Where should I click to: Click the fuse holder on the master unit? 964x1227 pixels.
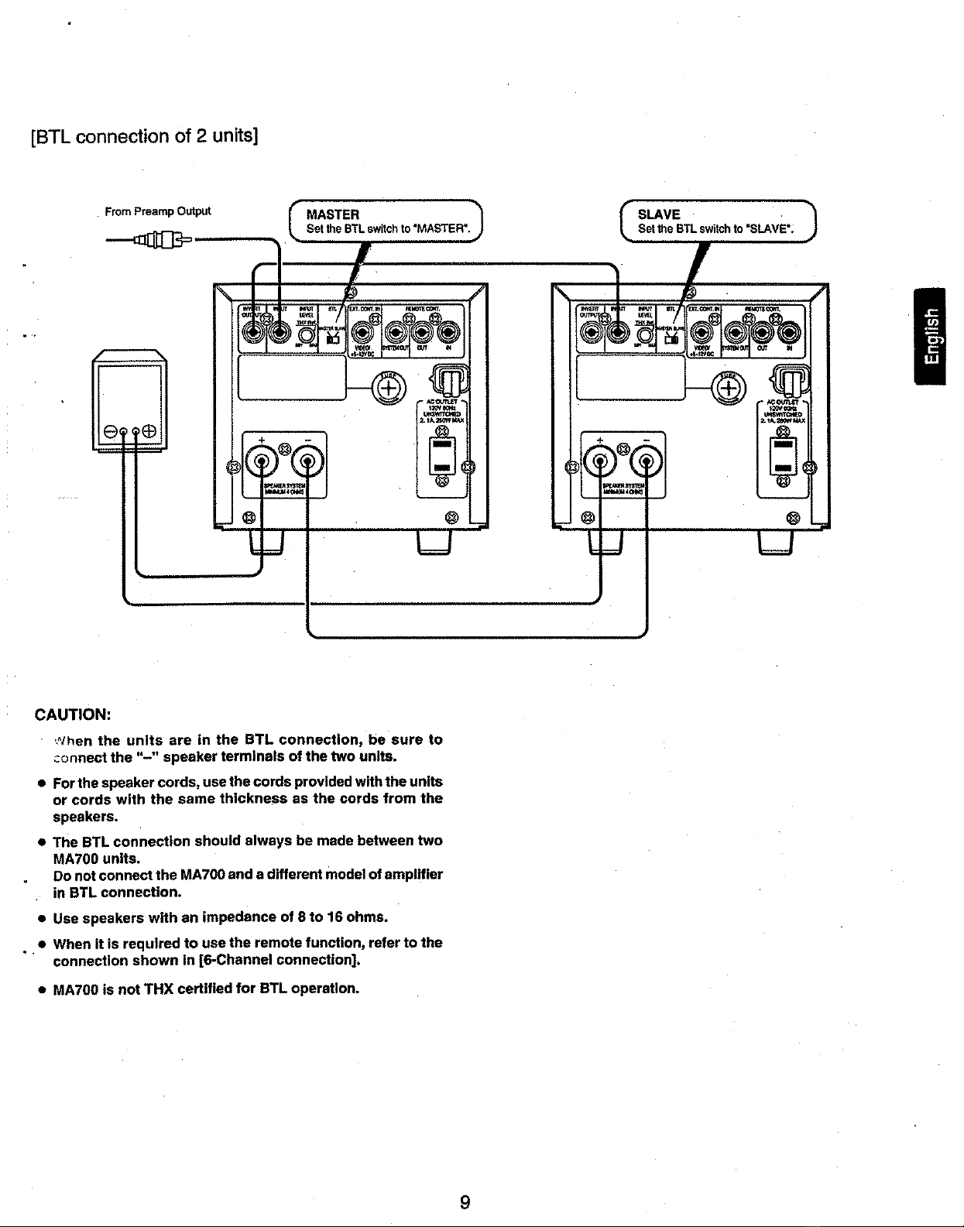(x=386, y=386)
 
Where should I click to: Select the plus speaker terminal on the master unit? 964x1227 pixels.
(x=262, y=463)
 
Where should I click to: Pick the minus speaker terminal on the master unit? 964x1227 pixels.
(x=307, y=463)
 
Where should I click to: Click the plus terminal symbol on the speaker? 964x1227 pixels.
(x=149, y=431)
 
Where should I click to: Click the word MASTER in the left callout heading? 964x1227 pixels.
(x=333, y=214)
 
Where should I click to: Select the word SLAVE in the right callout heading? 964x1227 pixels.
(x=659, y=214)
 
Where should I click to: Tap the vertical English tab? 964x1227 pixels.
(x=934, y=334)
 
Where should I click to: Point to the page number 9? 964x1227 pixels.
(x=465, y=1202)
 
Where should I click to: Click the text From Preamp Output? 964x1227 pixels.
(x=157, y=211)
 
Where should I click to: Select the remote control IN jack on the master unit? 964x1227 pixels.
(x=448, y=334)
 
